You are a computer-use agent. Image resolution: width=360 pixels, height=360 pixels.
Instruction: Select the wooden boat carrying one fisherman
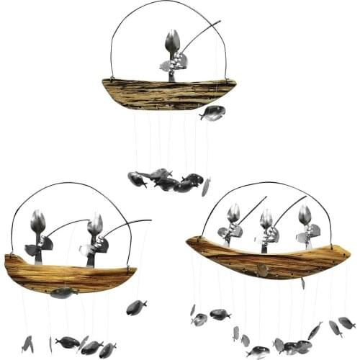pos(169,94)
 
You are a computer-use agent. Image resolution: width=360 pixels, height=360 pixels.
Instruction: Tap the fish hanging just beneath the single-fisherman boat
pos(213,112)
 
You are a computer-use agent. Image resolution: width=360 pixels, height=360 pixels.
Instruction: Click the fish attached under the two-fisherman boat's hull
pos(63,292)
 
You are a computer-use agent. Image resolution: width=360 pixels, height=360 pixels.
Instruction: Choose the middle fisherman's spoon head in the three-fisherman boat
pos(266,219)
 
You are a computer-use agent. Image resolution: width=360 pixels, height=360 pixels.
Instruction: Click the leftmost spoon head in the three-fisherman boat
pos(233,213)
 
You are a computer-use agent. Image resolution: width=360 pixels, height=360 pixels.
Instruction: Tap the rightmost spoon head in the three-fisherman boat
pos(305,215)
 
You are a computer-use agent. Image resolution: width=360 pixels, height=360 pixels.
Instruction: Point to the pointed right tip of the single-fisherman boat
pos(235,81)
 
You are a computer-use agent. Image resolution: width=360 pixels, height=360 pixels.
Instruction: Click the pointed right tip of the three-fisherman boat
pos(350,251)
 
